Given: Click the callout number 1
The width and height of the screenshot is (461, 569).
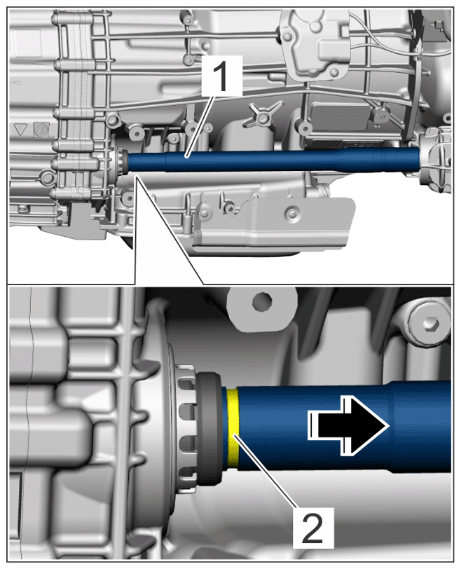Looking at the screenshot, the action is (221, 76).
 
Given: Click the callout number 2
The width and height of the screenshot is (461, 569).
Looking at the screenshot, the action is (312, 528).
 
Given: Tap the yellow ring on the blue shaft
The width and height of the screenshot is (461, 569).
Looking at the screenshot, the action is (233, 428).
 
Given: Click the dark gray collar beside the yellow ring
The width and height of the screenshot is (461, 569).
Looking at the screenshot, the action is (209, 428).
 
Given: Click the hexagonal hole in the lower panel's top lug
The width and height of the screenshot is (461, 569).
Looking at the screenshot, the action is (261, 301).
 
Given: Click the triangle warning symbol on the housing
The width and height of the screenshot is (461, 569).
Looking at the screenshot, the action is (21, 130).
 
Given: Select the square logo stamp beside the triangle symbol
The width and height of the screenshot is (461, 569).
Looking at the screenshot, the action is (41, 130).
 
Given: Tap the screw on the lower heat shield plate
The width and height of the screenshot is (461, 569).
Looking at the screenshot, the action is (293, 214).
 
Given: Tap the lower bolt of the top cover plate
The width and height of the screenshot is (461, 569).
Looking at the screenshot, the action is (335, 73).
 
